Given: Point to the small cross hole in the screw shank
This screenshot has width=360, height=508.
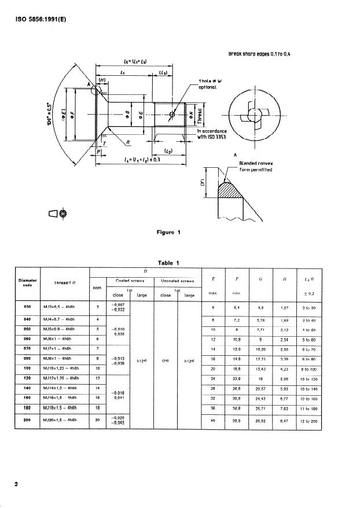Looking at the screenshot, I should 172,115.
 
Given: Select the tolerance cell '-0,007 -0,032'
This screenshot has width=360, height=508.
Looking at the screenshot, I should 119,308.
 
